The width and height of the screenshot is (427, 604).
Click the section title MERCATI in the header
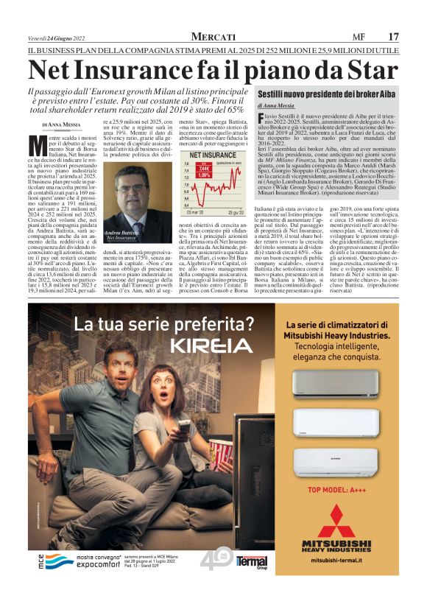[213, 37]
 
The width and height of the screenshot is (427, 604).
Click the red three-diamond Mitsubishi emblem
[336, 519]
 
